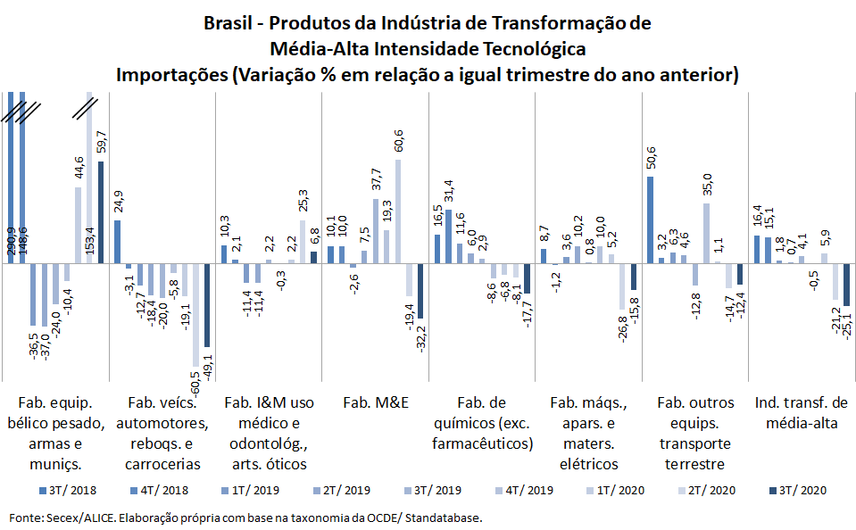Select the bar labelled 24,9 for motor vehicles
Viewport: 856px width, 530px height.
coord(117,242)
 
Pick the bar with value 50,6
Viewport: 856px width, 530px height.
coord(650,219)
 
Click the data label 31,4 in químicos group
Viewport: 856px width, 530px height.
coord(449,195)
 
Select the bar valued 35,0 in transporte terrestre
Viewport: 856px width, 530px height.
coord(706,233)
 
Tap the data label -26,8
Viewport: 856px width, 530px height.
coord(622,330)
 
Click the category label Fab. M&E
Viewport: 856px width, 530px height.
coord(375,402)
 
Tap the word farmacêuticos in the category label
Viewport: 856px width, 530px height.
coord(482,443)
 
